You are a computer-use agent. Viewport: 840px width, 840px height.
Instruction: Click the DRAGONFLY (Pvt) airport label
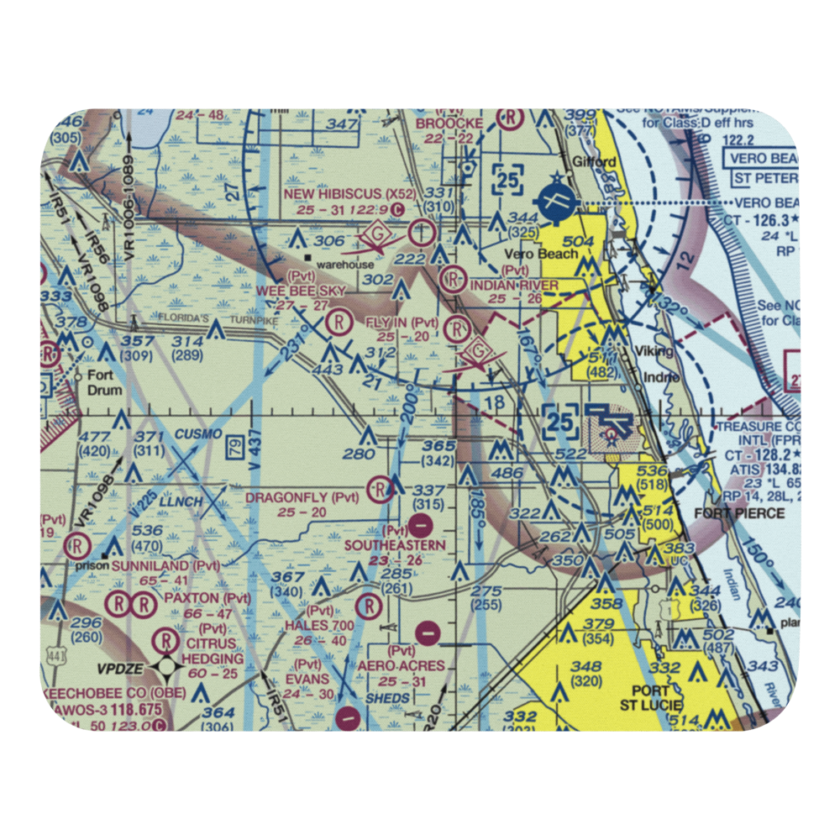click(302, 497)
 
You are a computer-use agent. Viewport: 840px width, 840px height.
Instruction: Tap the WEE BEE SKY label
click(301, 290)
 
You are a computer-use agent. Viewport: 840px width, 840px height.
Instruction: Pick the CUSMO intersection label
click(200, 433)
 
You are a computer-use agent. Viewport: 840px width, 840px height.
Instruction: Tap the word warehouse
click(350, 264)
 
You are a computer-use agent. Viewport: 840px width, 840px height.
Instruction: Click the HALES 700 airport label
click(319, 626)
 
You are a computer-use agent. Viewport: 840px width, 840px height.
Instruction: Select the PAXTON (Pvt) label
click(207, 598)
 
